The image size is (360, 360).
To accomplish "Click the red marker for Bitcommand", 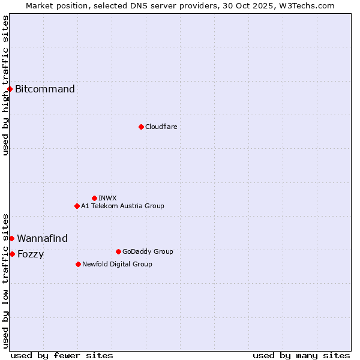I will [10, 89].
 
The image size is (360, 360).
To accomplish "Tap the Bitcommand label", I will [45, 89].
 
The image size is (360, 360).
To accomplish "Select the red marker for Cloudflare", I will [141, 127].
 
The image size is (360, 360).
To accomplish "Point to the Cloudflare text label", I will [161, 127].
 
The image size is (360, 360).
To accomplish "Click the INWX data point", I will [94, 198].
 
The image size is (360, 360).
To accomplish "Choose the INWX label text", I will [107, 198].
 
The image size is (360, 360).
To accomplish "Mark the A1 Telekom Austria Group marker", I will [77, 206].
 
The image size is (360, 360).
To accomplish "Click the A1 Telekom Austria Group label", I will [122, 206].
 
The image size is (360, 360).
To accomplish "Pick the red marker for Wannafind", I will [11, 238].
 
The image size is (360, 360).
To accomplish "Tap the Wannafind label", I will [42, 238].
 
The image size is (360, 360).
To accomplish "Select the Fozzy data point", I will [12, 254].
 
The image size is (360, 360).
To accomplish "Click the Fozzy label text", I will [31, 254].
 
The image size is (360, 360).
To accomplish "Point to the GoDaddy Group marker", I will [118, 251].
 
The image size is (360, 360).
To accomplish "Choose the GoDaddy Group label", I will [148, 251].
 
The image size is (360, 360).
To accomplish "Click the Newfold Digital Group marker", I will [79, 264].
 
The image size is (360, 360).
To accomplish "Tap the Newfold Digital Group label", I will [117, 264].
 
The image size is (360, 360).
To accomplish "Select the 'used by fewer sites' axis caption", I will [62, 355].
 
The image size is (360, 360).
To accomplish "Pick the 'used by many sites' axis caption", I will [301, 355].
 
